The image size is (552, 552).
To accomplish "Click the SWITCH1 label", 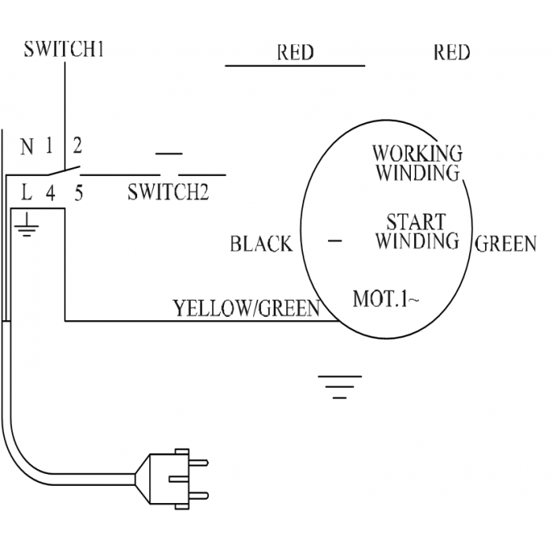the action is point(64,49).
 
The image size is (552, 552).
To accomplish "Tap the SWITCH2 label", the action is point(168,192).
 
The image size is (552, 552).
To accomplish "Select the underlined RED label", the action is point(295,53).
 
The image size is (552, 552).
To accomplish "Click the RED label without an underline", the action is point(452,53).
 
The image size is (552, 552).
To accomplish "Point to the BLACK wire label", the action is point(261,244).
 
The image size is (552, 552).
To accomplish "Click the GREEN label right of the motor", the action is point(505,244).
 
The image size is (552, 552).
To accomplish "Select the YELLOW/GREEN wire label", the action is point(247,308).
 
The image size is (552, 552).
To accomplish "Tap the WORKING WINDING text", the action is point(417,163).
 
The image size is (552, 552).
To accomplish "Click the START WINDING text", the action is point(417,231).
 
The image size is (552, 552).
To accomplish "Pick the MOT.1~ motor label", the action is point(386,299).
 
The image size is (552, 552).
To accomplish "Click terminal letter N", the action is point(27,147).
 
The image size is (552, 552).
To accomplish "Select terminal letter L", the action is point(27,192).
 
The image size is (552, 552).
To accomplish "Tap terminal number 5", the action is point(79,193).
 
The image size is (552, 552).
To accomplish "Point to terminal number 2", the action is point(77,145).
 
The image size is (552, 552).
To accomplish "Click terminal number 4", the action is point(50,193).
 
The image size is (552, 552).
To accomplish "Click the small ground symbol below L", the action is point(27,226).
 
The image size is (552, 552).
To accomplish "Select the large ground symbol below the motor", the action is point(340,387).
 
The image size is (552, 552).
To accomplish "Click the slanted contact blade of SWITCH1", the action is point(64,170).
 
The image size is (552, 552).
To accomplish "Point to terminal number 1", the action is point(49,145).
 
